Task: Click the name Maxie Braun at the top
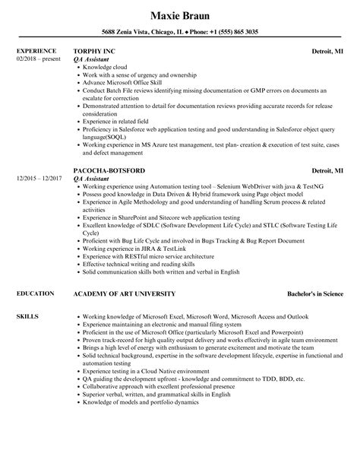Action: [179, 14]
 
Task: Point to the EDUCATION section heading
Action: [34, 293]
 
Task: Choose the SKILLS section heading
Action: [27, 313]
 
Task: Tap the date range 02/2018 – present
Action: [38, 58]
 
